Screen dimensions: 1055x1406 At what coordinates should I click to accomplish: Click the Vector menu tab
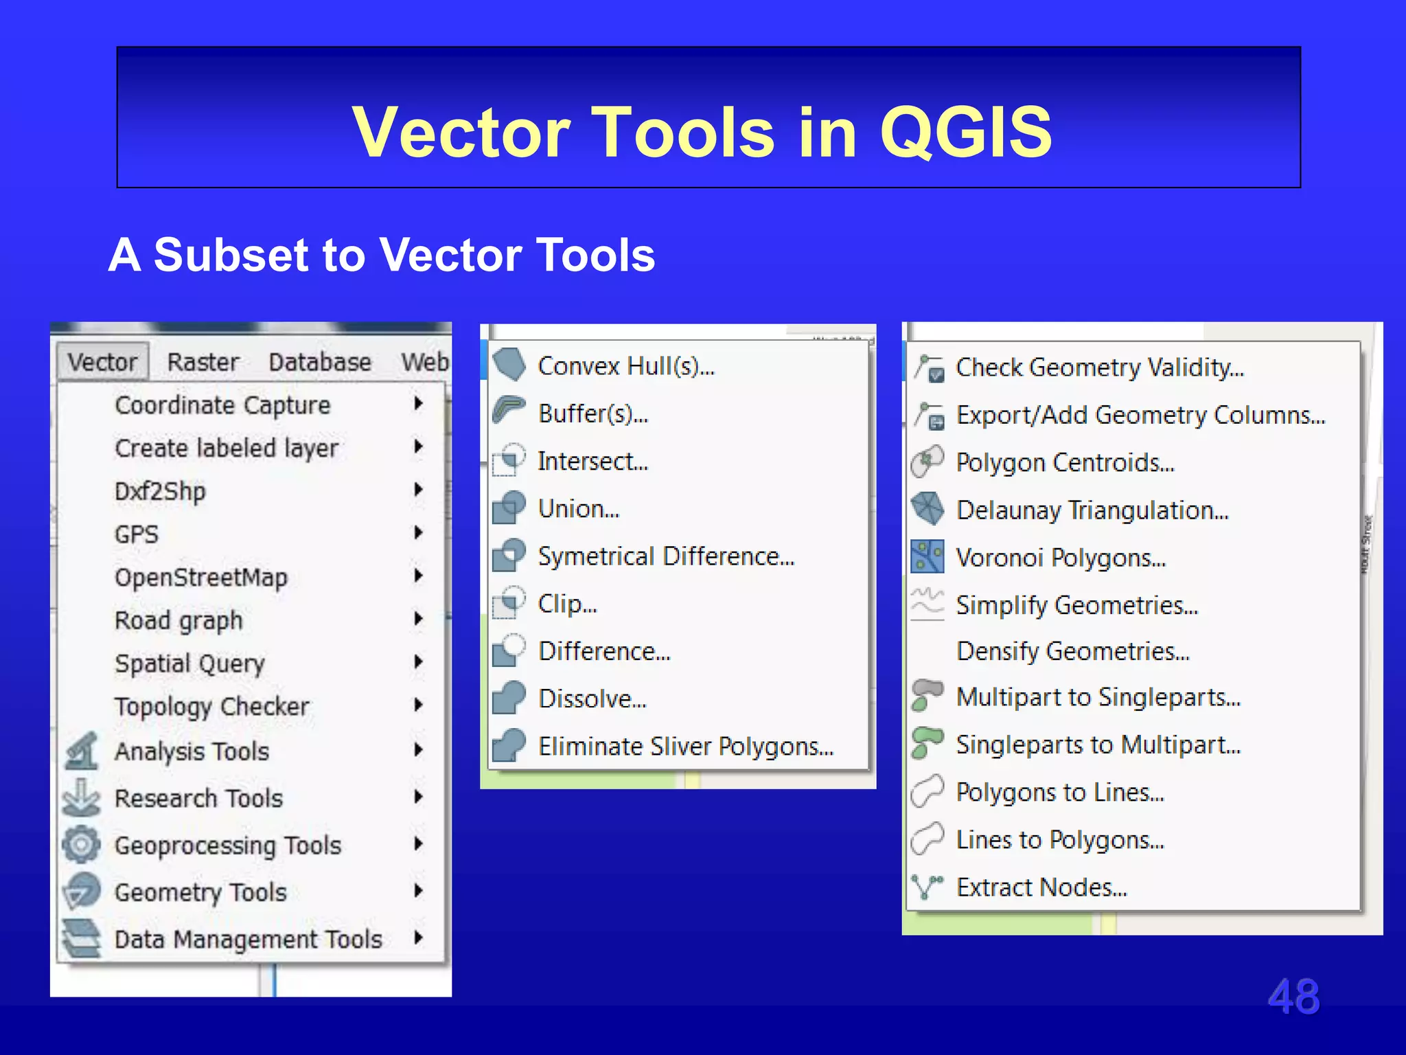coord(102,361)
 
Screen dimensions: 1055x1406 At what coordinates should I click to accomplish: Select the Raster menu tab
coord(203,361)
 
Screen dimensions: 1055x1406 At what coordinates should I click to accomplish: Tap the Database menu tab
coord(319,361)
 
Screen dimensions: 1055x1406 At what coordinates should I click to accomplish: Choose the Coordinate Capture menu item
coord(222,405)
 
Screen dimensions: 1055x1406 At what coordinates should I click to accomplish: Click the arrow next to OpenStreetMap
coord(418,576)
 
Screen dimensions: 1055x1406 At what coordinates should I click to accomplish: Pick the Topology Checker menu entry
coord(211,706)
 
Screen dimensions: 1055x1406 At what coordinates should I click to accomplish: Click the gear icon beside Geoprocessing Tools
coord(81,844)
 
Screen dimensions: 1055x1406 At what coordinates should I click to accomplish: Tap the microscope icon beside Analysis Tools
coord(82,751)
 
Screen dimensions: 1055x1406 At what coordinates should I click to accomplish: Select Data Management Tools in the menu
coord(248,939)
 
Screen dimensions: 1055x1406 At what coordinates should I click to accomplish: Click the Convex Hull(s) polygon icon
coord(509,364)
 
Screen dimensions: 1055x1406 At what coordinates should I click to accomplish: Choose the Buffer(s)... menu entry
coord(592,413)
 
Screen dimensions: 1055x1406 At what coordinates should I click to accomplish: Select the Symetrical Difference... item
coord(666,556)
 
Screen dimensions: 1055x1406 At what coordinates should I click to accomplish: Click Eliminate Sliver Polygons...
coord(685,746)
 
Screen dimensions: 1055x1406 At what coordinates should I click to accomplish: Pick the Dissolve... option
coord(592,699)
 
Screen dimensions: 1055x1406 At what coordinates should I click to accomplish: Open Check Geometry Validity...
coord(1099,367)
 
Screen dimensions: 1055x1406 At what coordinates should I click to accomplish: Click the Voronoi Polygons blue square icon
coord(927,556)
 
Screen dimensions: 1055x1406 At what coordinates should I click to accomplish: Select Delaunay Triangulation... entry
coord(1092,510)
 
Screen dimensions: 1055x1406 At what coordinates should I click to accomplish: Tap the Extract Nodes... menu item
coord(1041,887)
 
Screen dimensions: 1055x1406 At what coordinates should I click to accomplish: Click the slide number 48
coord(1293,997)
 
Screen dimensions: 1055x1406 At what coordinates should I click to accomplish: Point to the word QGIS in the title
coord(965,132)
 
